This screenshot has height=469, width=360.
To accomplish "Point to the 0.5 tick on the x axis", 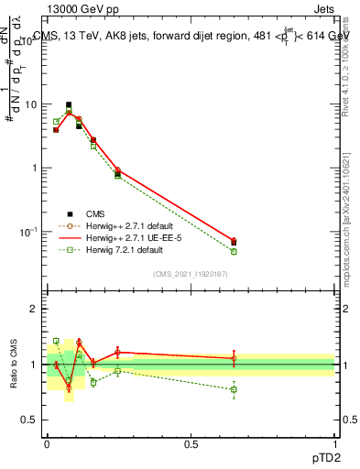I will tap(191, 443).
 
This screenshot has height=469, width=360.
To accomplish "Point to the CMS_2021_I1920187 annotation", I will tap(191, 274).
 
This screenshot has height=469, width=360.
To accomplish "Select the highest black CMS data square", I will tap(69, 105).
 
